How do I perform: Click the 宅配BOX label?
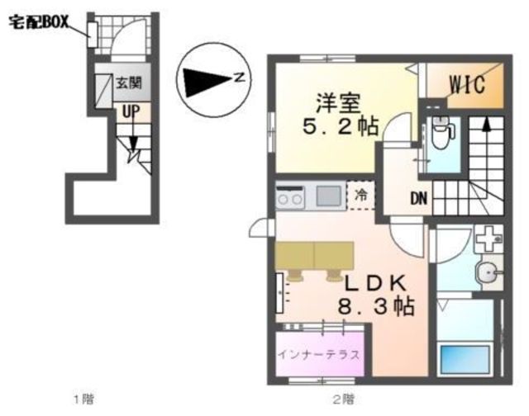39,22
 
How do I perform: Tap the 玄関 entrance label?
129,83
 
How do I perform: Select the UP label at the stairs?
131,112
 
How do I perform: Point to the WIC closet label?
468,84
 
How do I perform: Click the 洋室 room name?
339,103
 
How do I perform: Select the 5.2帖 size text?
340,126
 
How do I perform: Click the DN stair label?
418,199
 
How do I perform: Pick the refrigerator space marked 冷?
361,196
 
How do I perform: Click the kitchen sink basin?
328,196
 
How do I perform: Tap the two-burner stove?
289,198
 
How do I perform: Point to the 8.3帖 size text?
376,306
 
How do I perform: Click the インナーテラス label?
319,354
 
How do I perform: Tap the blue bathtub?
465,358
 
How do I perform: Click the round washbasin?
486,272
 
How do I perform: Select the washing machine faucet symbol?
488,239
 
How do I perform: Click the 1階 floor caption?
84,399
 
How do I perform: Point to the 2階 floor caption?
344,399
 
